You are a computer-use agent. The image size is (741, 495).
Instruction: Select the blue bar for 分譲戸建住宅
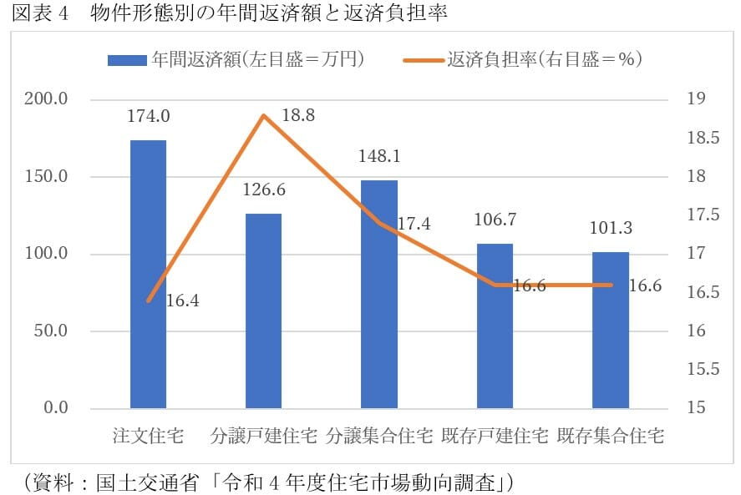point(263,311)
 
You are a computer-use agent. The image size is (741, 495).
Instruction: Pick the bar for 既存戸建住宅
point(495,326)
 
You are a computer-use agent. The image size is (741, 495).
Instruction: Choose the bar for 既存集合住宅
point(611,330)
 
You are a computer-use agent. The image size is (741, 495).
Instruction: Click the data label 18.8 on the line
point(298,116)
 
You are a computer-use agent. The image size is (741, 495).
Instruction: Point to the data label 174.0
point(148,117)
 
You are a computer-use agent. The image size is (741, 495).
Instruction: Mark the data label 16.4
point(183,301)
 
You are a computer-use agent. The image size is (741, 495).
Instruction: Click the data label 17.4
point(414,224)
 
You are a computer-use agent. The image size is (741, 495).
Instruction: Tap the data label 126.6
point(263,190)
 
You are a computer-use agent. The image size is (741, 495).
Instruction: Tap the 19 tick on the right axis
point(695,99)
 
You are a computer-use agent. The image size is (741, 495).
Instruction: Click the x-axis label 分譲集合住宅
point(379,436)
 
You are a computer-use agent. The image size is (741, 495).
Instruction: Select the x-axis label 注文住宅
point(148,436)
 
